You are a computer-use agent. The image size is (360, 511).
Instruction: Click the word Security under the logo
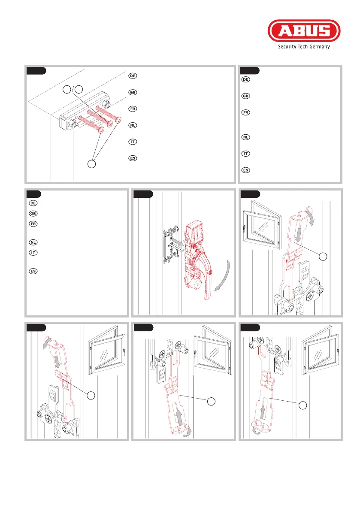[x=287, y=47]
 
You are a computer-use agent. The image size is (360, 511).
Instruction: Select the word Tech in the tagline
[x=303, y=46]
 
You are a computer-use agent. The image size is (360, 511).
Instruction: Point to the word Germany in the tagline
[x=320, y=47]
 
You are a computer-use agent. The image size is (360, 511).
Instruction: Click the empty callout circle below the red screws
[x=91, y=163]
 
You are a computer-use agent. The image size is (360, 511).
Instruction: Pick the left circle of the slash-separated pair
[x=67, y=89]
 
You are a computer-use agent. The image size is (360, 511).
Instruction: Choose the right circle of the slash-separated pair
[x=79, y=89]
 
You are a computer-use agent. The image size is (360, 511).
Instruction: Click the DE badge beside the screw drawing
[x=133, y=76]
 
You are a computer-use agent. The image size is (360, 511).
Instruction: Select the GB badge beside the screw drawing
[x=133, y=92]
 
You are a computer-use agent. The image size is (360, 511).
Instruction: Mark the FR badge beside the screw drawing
[x=133, y=109]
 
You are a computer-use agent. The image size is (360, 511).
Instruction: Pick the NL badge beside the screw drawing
[x=133, y=125]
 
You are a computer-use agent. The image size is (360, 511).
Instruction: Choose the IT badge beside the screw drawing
[x=133, y=142]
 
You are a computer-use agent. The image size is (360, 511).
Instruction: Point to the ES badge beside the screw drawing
[x=133, y=158]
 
